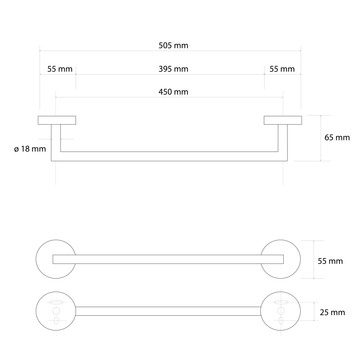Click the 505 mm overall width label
pyautogui.click(x=174, y=45)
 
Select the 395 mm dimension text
pyautogui.click(x=174, y=69)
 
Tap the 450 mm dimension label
pyautogui.click(x=174, y=92)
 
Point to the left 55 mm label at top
pyautogui.click(x=60, y=69)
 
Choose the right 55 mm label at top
pyautogui.click(x=282, y=69)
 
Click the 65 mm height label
pyautogui.click(x=337, y=138)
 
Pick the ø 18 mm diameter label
pyautogui.click(x=30, y=149)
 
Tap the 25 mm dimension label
pyautogui.click(x=332, y=312)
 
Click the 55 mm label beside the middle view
pyautogui.click(x=330, y=261)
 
